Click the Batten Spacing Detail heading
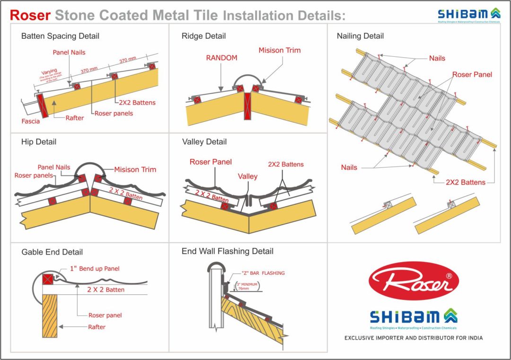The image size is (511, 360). pyautogui.click(x=60, y=36)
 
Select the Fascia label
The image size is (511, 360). pyautogui.click(x=31, y=122)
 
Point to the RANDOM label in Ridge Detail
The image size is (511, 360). pyautogui.click(x=221, y=58)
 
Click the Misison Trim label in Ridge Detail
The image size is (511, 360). pyautogui.click(x=279, y=50)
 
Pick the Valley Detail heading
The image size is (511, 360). pyautogui.click(x=204, y=141)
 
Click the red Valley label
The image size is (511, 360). pyautogui.click(x=247, y=176)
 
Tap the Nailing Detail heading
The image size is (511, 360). pyautogui.click(x=360, y=36)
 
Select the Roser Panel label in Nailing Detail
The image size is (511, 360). pyautogui.click(x=472, y=74)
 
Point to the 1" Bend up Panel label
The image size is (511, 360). pyautogui.click(x=95, y=269)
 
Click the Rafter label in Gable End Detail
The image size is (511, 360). pyautogui.click(x=97, y=327)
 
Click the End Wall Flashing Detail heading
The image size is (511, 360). pyautogui.click(x=227, y=251)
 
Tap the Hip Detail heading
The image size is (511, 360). pyautogui.click(x=39, y=141)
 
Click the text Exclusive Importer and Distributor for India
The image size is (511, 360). pyautogui.click(x=413, y=338)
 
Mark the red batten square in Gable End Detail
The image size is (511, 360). pyautogui.click(x=48, y=279)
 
